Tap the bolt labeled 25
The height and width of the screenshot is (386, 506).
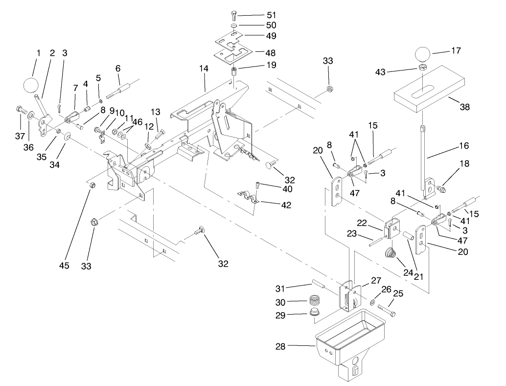(387, 310)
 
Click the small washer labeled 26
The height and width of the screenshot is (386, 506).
(373, 303)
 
